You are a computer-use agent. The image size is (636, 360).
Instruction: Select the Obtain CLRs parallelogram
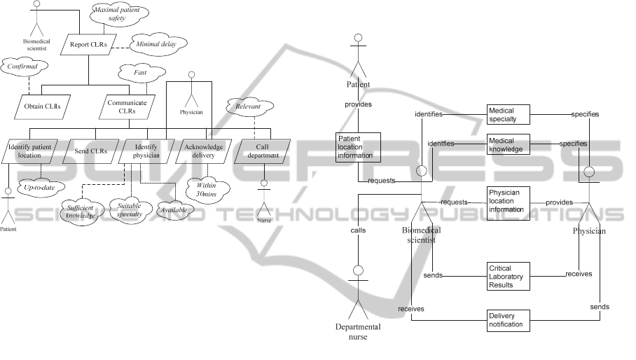47,106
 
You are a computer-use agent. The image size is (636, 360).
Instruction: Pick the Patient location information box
358,146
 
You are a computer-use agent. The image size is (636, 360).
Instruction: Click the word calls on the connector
358,229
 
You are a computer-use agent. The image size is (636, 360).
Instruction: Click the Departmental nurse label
358,331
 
